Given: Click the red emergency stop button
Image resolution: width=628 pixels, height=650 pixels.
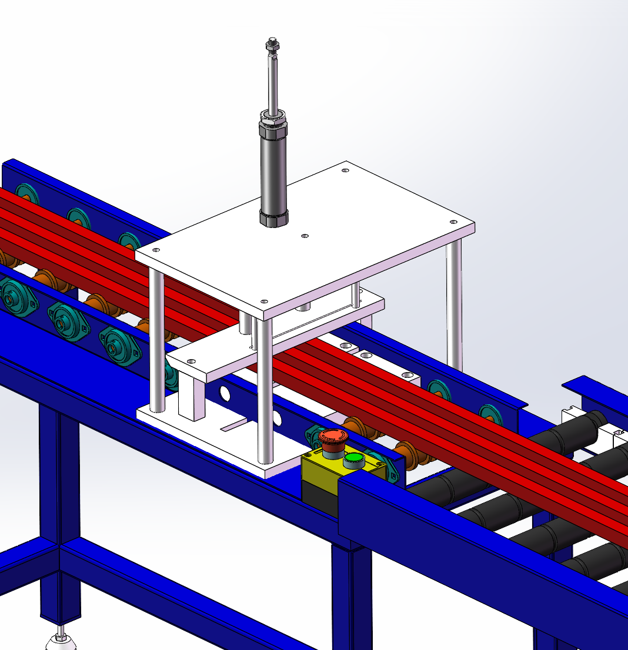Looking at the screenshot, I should [333, 437].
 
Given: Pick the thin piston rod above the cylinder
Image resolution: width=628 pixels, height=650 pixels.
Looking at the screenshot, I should [272, 82].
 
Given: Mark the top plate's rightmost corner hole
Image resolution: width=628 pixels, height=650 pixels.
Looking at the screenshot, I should [453, 222].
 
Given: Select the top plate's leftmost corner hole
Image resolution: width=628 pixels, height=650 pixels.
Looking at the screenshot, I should [155, 250].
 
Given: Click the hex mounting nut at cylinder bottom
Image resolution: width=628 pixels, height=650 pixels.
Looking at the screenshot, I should [274, 219].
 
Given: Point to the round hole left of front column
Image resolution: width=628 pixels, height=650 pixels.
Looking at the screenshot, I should [225, 392].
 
